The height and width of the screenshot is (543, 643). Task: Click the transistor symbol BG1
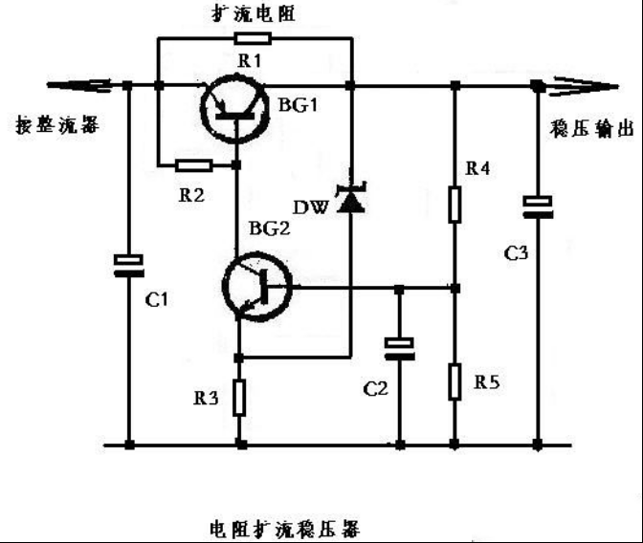click(235, 109)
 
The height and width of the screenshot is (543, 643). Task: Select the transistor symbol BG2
click(257, 288)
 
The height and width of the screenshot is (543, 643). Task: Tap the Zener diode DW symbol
click(350, 197)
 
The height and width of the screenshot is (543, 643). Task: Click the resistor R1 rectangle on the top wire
click(253, 38)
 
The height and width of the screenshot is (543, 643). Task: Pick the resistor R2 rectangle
click(194, 165)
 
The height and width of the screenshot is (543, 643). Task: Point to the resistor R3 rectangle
click(239, 398)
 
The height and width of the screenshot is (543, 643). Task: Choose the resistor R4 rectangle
click(455, 204)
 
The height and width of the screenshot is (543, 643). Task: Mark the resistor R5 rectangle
click(455, 381)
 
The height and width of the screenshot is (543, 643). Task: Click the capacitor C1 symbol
click(129, 265)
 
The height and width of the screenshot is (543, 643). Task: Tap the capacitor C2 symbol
click(399, 349)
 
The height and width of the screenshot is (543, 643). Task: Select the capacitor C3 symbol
click(538, 206)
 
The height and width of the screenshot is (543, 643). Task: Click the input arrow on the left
click(78, 85)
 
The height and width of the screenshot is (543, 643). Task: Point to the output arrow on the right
click(586, 86)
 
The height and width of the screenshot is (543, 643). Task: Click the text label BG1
click(299, 105)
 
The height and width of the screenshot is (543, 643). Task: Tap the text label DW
click(311, 207)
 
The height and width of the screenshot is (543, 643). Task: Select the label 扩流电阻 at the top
click(254, 14)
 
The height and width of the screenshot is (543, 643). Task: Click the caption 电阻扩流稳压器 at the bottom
click(284, 529)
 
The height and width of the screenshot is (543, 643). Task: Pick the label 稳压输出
click(591, 129)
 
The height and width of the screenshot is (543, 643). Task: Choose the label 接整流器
click(57, 124)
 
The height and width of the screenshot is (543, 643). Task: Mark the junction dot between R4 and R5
click(455, 289)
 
